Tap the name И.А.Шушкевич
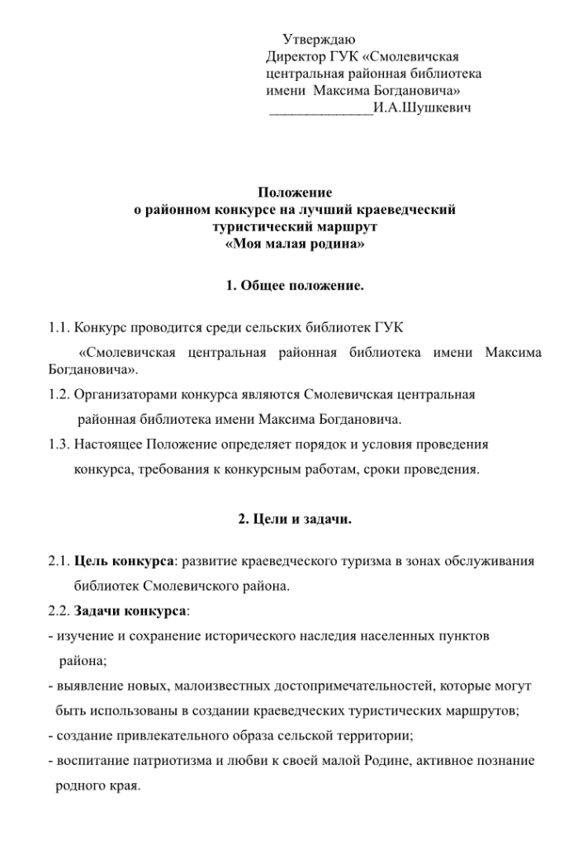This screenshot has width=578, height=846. pyautogui.click(x=422, y=107)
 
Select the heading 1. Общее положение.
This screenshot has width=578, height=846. pyautogui.click(x=294, y=287)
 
